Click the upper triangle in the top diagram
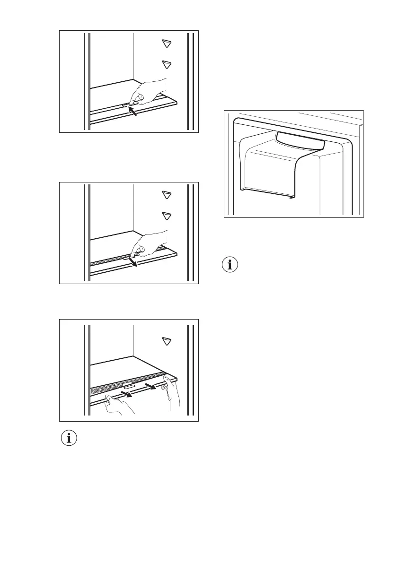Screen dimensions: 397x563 166,43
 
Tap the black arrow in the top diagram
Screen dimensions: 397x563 135,112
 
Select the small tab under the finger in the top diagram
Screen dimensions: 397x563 124,106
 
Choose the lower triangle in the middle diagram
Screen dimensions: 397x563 166,216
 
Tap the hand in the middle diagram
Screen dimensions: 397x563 150,243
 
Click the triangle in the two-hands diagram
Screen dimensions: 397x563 166,341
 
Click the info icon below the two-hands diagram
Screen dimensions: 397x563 70,438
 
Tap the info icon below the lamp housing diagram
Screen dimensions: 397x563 230,265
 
